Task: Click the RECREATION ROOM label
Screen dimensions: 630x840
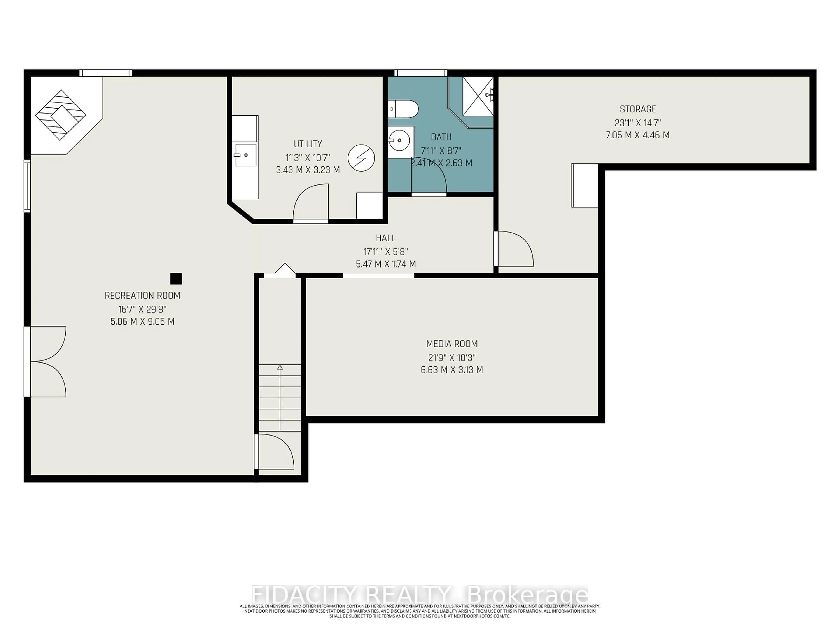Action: [142, 296]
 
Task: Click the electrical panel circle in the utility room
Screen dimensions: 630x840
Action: [361, 157]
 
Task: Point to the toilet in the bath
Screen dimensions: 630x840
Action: [403, 109]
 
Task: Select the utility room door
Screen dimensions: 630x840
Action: [311, 203]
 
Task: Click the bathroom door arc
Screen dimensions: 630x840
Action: [429, 175]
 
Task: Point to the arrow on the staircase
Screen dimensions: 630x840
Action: [280, 367]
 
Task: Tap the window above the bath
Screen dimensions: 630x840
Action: [420, 73]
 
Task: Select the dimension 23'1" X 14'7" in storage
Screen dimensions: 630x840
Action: [638, 123]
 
